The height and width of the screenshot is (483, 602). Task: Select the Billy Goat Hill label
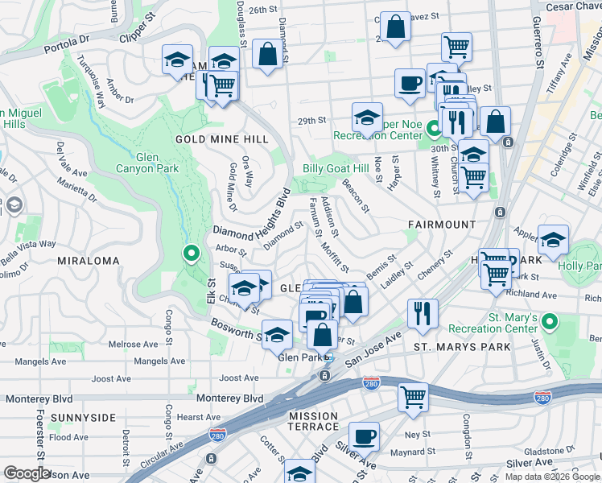(x=336, y=169)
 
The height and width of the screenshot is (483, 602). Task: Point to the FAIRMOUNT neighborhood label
(x=441, y=224)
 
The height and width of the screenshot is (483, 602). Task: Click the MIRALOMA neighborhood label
(x=89, y=261)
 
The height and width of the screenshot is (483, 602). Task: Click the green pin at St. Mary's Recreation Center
(x=550, y=323)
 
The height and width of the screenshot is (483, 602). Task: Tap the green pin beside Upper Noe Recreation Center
(x=433, y=128)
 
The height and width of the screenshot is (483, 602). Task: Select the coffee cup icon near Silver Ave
(x=365, y=436)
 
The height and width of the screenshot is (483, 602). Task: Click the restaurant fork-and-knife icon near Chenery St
(x=423, y=312)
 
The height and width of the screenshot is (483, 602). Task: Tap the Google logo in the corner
(x=27, y=473)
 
